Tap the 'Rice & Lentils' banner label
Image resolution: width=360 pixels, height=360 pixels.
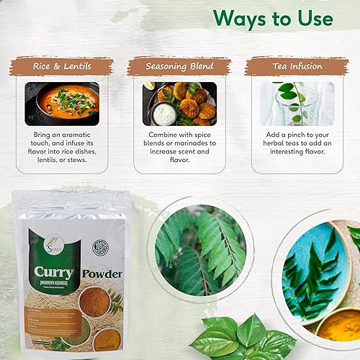click(61, 67)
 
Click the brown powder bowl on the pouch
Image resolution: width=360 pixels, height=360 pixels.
click(94, 302)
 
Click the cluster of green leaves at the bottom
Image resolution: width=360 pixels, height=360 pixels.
click(238, 338)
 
